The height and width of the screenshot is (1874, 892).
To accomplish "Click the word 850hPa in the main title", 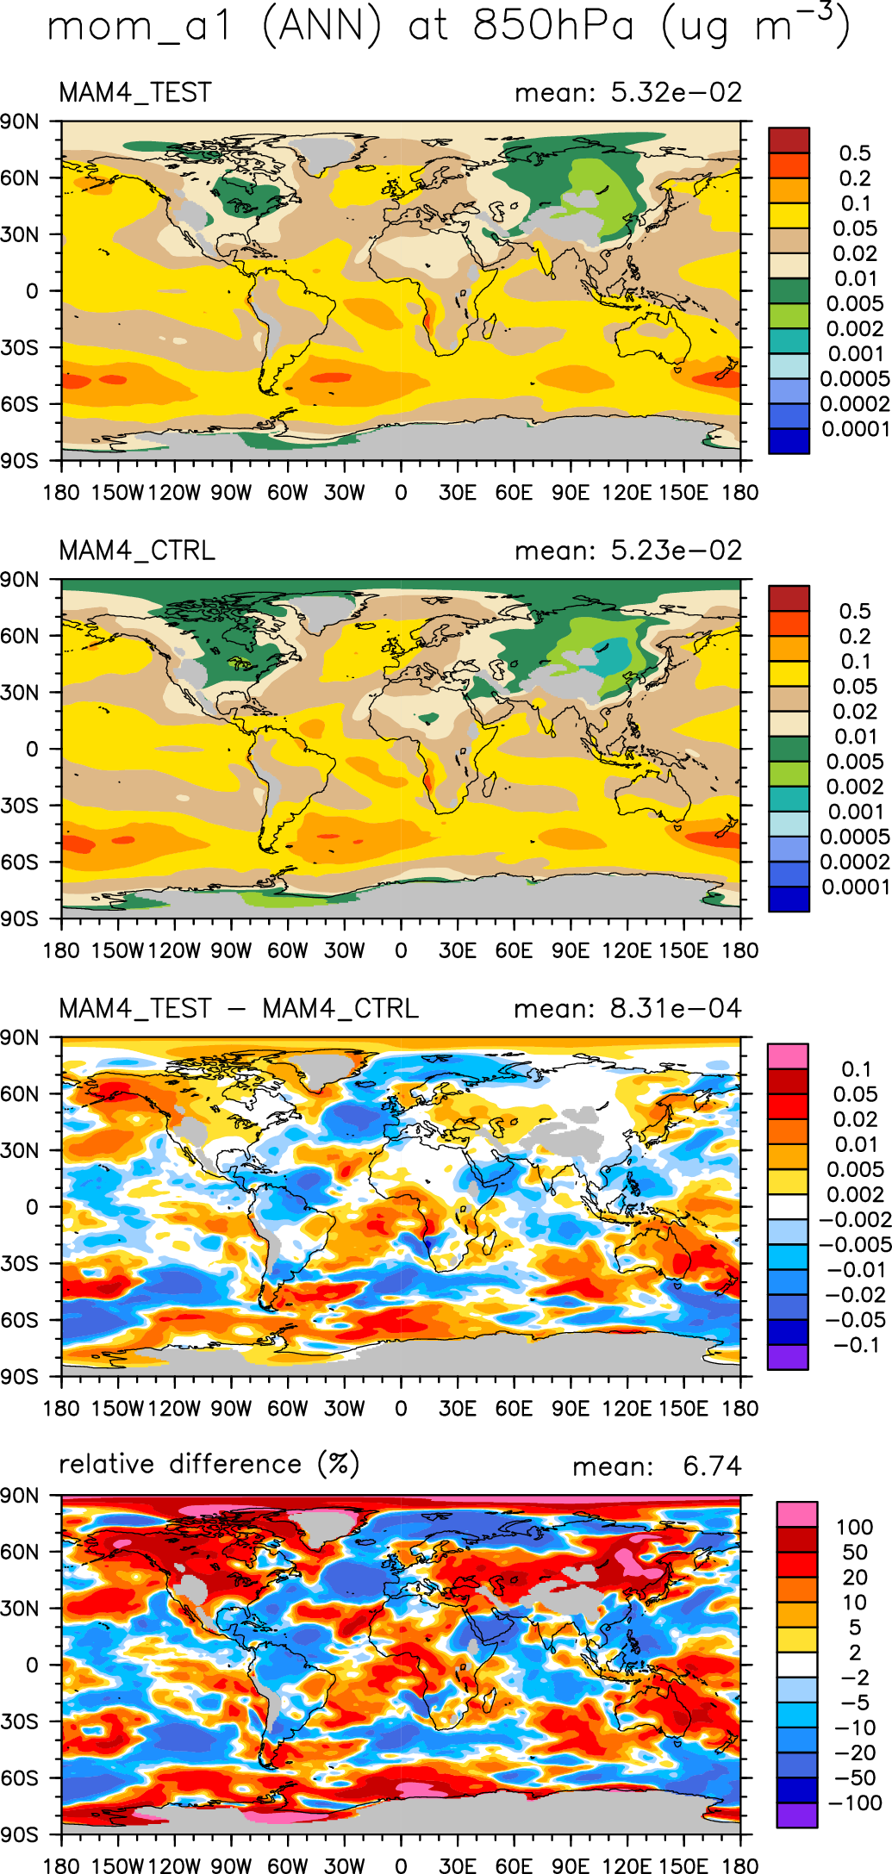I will pos(552,26).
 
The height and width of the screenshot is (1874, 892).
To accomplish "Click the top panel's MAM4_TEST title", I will pos(135,92).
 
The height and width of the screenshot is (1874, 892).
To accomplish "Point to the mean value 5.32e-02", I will pos(677,92).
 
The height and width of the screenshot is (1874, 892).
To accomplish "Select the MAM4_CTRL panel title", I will pos(137,551).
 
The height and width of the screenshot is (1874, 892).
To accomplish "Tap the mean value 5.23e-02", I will pos(677,551).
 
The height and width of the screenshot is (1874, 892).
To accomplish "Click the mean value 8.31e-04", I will pos(676,1009).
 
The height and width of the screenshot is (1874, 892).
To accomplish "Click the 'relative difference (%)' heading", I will pos(209,1464).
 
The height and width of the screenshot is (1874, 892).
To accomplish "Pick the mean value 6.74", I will pos(712,1466).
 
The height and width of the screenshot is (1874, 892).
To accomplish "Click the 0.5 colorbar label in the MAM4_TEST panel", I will pos(855,153).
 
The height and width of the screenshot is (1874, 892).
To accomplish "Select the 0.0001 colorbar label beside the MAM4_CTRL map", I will pos(855,887).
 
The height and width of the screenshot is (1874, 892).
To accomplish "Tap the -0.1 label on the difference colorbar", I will pos(857,1345).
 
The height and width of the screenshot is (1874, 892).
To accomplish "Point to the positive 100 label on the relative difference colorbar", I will pos(854,1528).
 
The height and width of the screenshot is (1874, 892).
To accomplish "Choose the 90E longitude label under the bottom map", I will pos(571,1866).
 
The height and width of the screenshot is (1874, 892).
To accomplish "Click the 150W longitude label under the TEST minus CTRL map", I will pos(118,1409).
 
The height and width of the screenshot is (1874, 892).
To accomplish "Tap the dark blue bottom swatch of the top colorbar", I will pos(789,441).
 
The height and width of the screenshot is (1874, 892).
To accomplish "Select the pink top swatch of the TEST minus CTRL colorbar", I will pos(788,1055).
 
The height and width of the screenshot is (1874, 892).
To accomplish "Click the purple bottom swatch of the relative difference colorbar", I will pos(796,1815).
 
